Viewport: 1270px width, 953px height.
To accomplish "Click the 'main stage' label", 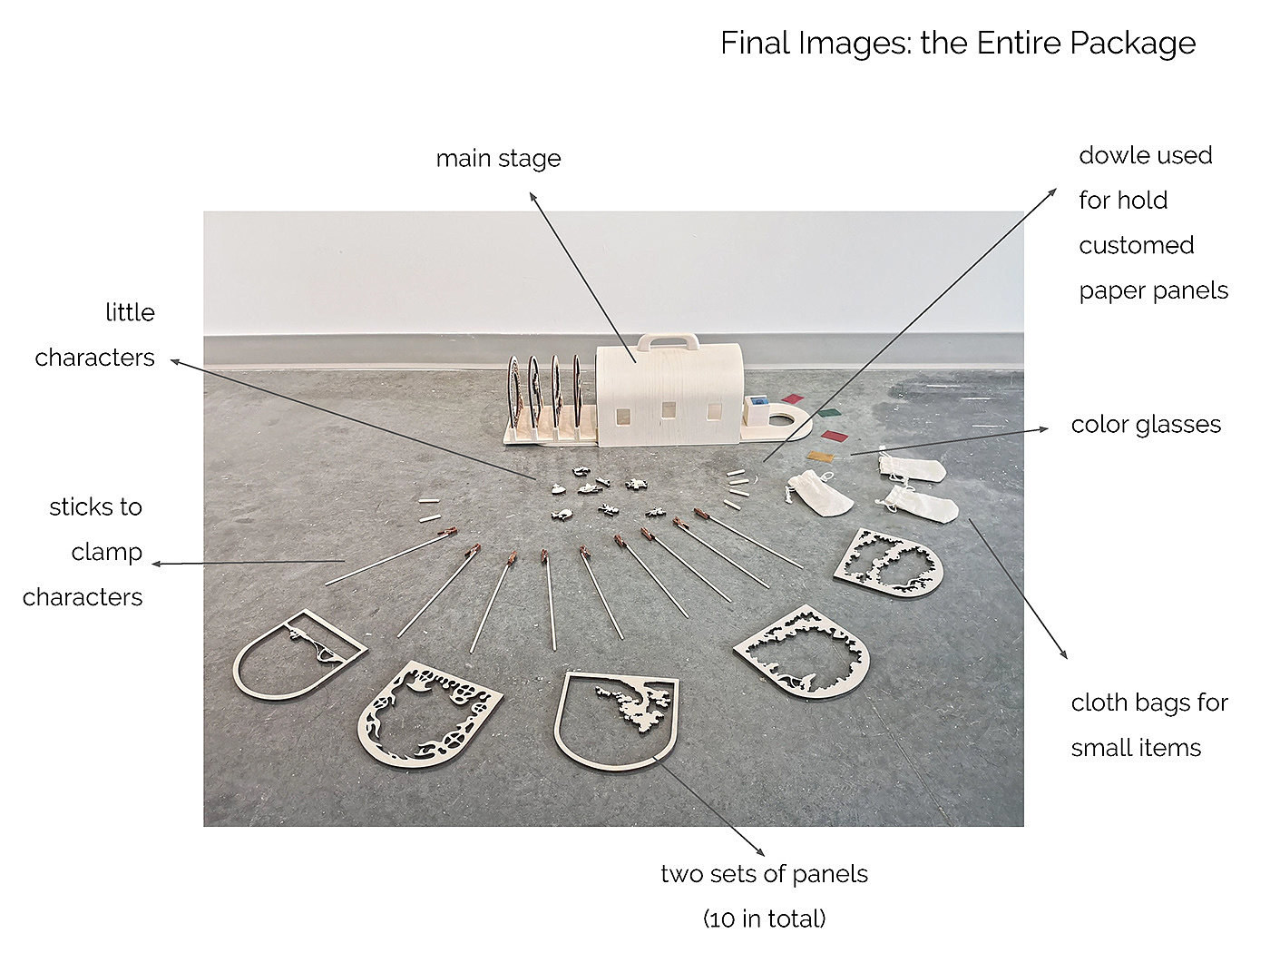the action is click(498, 159).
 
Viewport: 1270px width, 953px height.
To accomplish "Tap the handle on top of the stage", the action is click(668, 341).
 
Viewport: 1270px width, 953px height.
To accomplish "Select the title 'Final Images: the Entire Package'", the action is click(958, 43).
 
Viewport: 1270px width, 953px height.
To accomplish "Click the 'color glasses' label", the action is click(1146, 425).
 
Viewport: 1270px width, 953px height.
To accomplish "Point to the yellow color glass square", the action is click(822, 457).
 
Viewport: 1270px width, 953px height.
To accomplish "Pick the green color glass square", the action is click(828, 413).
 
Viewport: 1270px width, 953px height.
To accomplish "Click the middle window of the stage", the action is click(668, 411).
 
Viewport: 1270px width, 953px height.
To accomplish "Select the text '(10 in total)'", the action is click(765, 919).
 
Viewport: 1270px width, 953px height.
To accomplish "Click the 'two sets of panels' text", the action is click(765, 874).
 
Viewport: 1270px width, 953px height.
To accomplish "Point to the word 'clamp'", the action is click(106, 553).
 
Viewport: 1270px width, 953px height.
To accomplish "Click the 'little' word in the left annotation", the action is click(131, 312).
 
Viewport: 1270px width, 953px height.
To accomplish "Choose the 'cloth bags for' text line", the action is click(1149, 702).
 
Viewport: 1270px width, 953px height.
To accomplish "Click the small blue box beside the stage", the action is click(756, 401).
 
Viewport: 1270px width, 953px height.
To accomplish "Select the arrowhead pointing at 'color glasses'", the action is click(1043, 428).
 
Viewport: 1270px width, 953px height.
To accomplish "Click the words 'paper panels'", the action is click(1153, 290).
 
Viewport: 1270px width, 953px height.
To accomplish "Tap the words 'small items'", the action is click(1136, 748).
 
